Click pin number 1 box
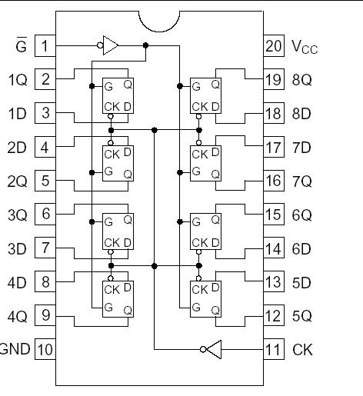pyautogui.click(x=45, y=45)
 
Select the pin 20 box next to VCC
pyautogui.click(x=275, y=45)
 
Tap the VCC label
pyautogui.click(x=305, y=47)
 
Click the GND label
pyautogui.click(x=15, y=350)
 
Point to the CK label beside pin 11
pyautogui.click(x=302, y=350)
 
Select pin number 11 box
pyautogui.click(x=275, y=350)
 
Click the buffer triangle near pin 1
pyautogui.click(x=111, y=45)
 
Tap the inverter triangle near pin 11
pyautogui.click(x=213, y=350)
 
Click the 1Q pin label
pyautogui.click(x=18, y=79)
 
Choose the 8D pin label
pyautogui.click(x=302, y=113)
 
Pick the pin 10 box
pyautogui.click(x=45, y=350)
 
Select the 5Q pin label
pyautogui.click(x=302, y=316)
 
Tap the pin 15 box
pyautogui.click(x=275, y=215)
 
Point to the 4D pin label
pyautogui.click(x=18, y=282)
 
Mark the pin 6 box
pyautogui.click(x=45, y=215)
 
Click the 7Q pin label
pyautogui.click(x=302, y=181)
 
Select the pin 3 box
pyautogui.click(x=45, y=113)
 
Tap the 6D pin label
pyautogui.click(x=302, y=248)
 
